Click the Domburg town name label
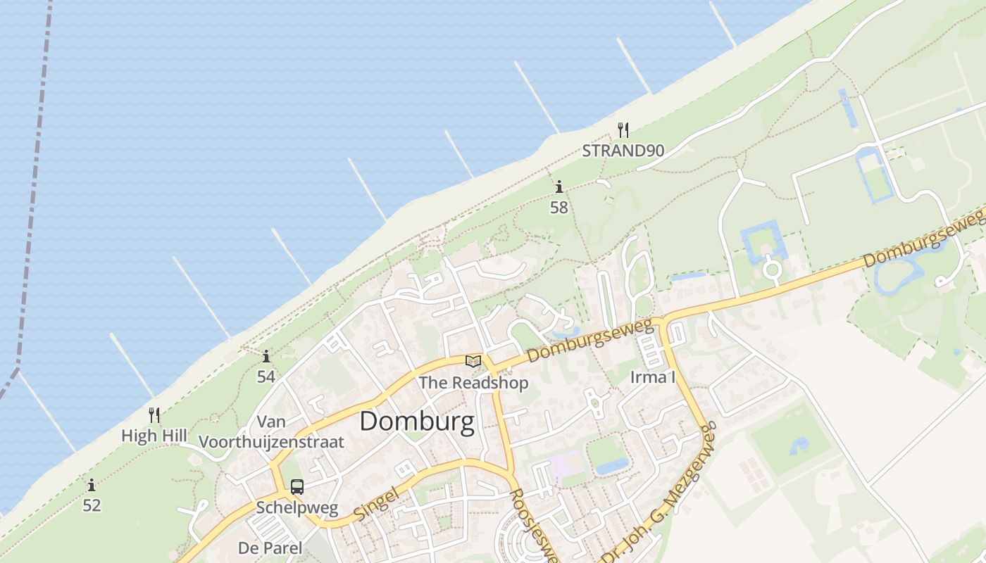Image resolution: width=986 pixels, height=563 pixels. coord(417,422)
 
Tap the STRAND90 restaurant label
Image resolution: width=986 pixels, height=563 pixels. coord(623,150)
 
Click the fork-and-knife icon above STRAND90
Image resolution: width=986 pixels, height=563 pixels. coord(623,129)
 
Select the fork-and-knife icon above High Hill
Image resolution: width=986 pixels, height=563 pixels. coord(154,415)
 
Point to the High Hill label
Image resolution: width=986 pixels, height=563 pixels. coord(154,436)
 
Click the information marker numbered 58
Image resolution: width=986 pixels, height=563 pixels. coord(559,187)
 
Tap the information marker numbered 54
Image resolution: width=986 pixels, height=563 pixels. coord(266,357)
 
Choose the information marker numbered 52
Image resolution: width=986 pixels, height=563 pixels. coord(92,486)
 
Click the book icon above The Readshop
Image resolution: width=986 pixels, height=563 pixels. coord(473,362)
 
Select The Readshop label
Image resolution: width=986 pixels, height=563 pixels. coord(473,383)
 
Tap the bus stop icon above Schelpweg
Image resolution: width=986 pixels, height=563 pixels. coord(297,486)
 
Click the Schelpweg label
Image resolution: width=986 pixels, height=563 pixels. coord(297,507)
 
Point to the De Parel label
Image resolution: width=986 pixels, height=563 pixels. coord(270,548)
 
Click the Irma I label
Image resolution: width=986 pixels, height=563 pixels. coord(653,377)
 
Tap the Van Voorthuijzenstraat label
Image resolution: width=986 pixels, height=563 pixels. coord(272,432)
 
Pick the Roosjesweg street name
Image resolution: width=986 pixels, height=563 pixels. coord(534,526)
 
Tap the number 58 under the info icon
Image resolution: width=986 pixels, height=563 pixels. coord(559,207)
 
